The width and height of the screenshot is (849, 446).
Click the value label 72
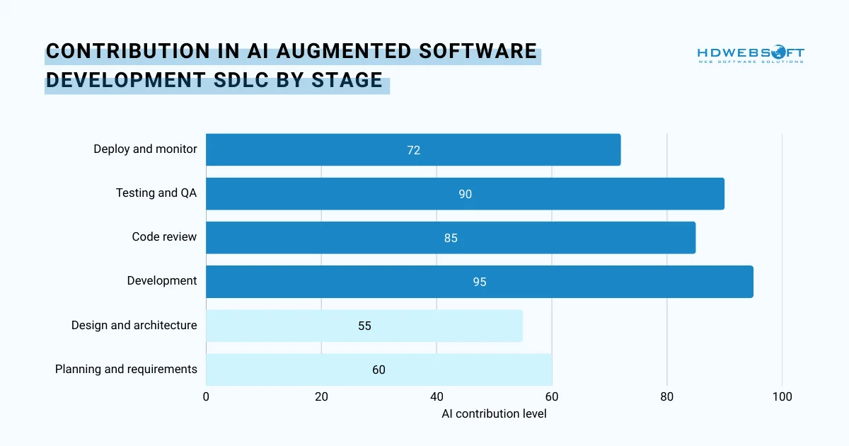[413, 150]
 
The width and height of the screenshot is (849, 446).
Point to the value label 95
[480, 282]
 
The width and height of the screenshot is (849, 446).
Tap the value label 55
[364, 326]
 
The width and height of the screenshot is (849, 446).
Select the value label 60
[379, 370]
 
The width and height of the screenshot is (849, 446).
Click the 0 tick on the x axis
[206, 397]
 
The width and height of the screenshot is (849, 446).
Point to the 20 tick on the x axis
[321, 397]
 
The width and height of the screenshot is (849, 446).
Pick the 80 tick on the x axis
[666, 397]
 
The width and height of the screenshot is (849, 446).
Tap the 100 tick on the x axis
[782, 397]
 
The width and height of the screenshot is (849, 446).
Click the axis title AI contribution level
[494, 413]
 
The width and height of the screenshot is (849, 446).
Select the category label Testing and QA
[156, 193]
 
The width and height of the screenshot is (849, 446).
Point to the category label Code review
[164, 236]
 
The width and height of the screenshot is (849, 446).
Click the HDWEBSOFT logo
[751, 55]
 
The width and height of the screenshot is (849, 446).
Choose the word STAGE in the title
[347, 81]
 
